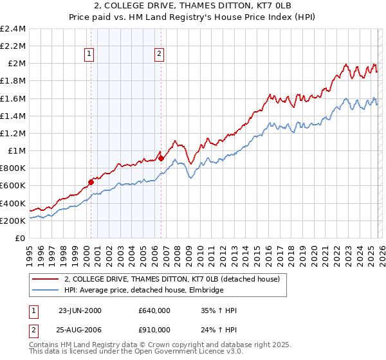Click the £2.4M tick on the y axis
coord(14,29)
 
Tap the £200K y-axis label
coord(13,221)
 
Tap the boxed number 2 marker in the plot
coord(158,55)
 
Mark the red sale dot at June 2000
coord(91,182)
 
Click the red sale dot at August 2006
coord(161,158)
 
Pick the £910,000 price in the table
coord(154,329)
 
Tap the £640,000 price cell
coord(154,310)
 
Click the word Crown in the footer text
coord(158,346)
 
